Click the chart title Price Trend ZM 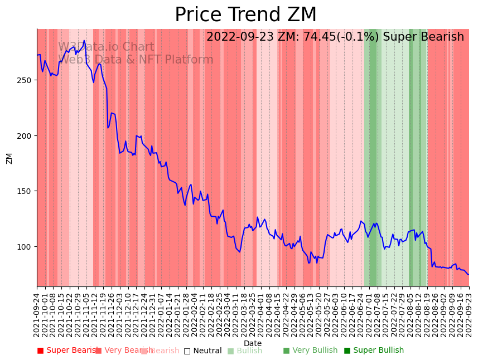[245, 15]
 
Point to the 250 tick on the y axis [25, 80]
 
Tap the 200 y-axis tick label [25, 135]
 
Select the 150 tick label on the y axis [25, 191]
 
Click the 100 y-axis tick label [25, 246]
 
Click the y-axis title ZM [9, 158]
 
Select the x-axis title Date [253, 343]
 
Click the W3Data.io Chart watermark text [106, 47]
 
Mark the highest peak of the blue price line [84, 41]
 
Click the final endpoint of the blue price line [469, 274]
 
